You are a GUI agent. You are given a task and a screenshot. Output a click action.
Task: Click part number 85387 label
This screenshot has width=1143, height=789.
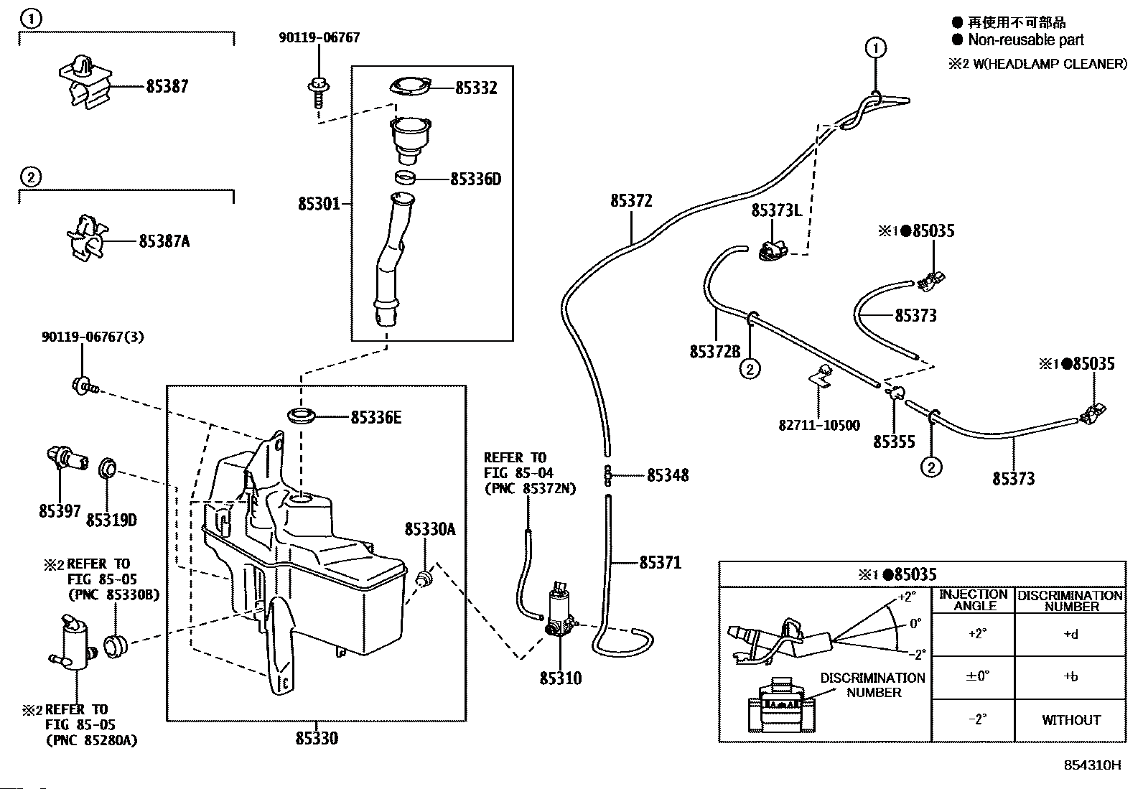167,86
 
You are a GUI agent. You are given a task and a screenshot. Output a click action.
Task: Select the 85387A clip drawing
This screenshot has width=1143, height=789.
87,237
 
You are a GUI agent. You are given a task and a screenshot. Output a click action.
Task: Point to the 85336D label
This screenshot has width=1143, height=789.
475,179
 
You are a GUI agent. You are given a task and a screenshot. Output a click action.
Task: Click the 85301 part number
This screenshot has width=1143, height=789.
319,205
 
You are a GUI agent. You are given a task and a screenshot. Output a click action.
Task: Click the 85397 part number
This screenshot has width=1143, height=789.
60,511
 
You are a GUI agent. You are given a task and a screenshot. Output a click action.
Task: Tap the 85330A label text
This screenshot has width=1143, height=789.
429,529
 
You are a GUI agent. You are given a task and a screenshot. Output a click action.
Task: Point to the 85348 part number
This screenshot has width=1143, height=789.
667,475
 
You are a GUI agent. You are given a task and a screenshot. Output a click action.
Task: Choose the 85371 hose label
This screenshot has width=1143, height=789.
660,562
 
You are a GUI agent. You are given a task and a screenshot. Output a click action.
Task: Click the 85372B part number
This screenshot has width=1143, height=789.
714,351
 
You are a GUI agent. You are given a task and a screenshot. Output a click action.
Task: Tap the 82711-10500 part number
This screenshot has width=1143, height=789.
818,425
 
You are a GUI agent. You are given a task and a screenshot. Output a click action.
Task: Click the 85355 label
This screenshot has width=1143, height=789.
894,442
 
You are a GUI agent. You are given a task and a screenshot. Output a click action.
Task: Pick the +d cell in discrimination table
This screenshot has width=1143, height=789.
1070,635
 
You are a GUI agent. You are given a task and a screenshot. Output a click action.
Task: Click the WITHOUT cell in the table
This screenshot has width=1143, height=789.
1070,720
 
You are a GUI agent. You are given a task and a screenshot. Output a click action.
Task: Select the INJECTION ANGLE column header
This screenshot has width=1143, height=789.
974,599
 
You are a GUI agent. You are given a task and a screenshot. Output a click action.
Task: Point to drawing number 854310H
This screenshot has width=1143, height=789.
1092,765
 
